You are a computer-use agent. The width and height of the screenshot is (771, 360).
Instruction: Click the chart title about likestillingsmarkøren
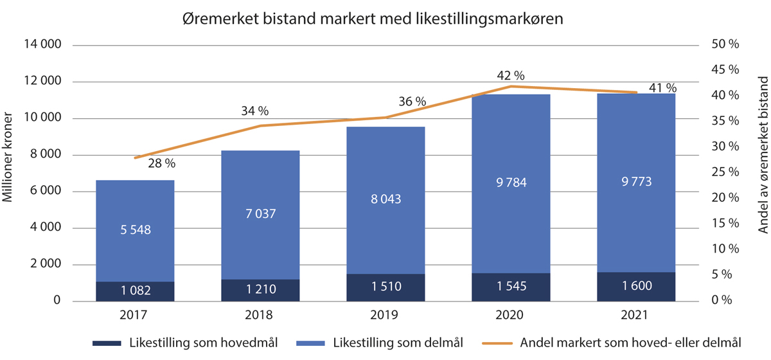(372, 19)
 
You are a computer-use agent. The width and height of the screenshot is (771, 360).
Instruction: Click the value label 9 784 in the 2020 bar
(511, 183)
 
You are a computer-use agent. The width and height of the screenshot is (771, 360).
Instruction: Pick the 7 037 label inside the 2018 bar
(260, 213)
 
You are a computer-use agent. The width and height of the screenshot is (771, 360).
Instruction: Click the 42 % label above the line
(511, 75)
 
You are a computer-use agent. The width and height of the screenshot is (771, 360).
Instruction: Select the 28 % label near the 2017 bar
(161, 163)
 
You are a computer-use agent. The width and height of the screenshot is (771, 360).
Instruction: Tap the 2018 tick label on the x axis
(260, 316)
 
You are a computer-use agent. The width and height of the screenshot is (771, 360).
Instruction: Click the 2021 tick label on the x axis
(636, 316)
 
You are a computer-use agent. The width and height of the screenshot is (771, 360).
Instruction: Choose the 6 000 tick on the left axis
(44, 192)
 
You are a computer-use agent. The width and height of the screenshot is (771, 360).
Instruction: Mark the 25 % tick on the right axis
(725, 172)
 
